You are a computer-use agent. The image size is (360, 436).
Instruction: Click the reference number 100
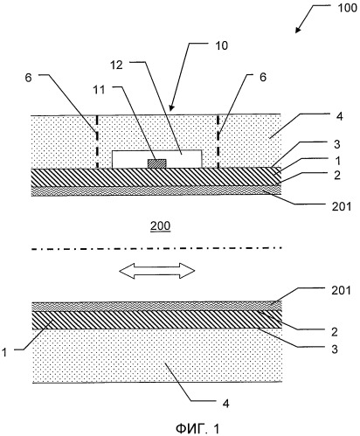[x=347, y=8]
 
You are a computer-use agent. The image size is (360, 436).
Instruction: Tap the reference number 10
[x=221, y=45]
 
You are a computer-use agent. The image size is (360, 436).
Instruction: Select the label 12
[x=116, y=66]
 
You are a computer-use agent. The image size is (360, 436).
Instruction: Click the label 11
[x=99, y=90]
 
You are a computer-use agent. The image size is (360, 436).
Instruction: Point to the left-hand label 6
[x=28, y=78]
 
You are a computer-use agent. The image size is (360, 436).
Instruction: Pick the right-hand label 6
[x=263, y=77]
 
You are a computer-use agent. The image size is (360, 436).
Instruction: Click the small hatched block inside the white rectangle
[x=157, y=163]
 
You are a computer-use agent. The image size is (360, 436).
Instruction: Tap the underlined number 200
[x=160, y=226]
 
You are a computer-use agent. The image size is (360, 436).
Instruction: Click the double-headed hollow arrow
[x=157, y=271]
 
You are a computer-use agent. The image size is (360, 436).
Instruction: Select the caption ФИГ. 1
[x=197, y=429]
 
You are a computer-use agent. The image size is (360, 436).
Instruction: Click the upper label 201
[x=342, y=206]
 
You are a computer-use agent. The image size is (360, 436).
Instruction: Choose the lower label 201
[x=341, y=290]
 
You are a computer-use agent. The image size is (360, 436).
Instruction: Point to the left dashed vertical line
[x=97, y=142]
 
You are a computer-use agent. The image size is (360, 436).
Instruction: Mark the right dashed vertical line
[x=218, y=142]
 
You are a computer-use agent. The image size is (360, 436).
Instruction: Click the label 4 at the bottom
[x=225, y=404]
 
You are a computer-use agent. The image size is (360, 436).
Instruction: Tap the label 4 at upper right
[x=339, y=116]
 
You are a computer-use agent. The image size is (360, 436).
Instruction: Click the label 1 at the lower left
[x=4, y=352]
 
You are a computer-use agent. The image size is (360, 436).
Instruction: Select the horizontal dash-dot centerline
[x=157, y=249]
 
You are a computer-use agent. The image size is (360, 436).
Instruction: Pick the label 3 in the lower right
[x=335, y=349]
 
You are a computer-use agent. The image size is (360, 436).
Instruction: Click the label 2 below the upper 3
[x=337, y=175]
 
